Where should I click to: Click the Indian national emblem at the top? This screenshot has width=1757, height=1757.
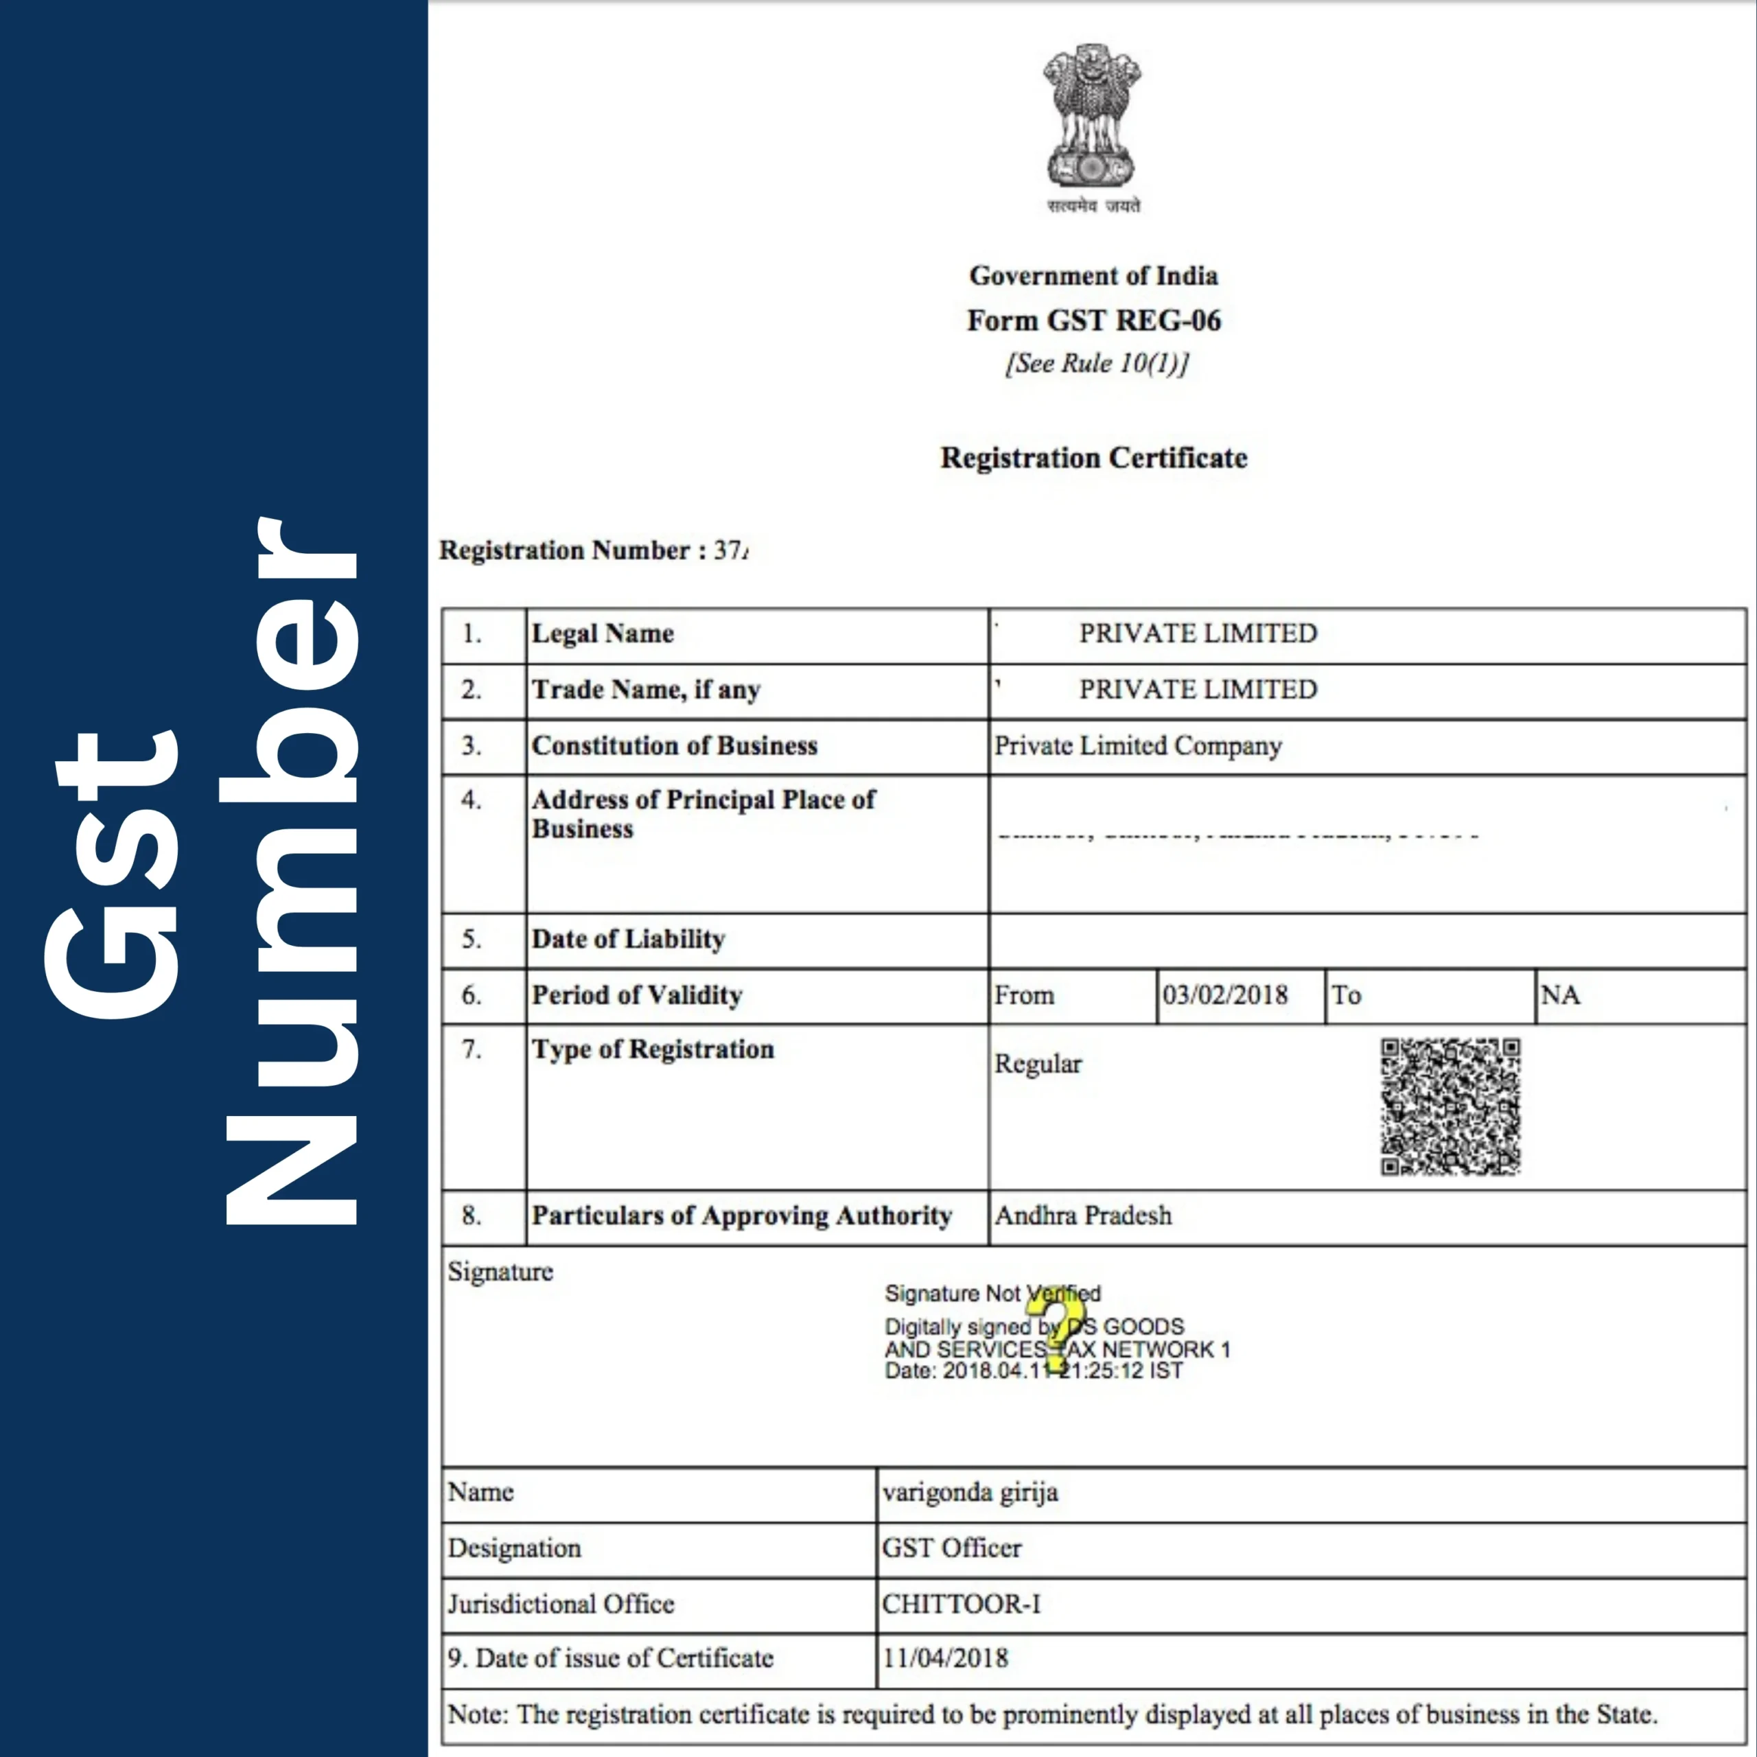click(1092, 118)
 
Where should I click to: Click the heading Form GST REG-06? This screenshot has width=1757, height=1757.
click(1093, 320)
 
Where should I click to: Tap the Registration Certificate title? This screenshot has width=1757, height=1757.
click(1093, 458)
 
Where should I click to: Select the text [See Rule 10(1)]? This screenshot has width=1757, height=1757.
click(1096, 363)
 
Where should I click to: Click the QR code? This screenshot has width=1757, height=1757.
click(1450, 1107)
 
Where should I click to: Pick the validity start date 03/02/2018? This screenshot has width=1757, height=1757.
click(1224, 995)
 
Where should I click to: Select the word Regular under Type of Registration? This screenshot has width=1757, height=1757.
click(1038, 1063)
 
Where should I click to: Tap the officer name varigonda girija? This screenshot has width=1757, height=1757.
click(970, 1492)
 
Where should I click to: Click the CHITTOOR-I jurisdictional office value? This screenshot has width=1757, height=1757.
click(960, 1603)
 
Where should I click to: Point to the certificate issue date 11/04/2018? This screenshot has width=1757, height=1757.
click(945, 1658)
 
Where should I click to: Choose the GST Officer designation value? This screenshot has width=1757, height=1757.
click(951, 1548)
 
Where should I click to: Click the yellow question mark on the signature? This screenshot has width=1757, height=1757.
click(1060, 1323)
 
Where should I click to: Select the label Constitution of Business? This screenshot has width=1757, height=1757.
click(674, 746)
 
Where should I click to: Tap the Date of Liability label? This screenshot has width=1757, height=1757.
click(627, 938)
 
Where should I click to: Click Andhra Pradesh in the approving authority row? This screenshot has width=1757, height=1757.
click(1082, 1215)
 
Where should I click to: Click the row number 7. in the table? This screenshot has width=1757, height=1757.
click(471, 1049)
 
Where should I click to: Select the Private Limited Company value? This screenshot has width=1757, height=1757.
click(1137, 746)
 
